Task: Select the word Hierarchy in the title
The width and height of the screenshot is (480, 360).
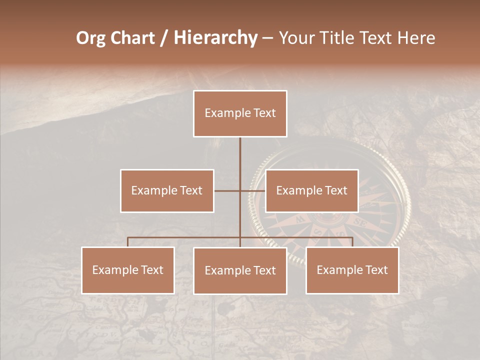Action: pyautogui.click(x=215, y=38)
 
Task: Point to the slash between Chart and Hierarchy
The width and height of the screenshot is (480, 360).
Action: pyautogui.click(x=163, y=38)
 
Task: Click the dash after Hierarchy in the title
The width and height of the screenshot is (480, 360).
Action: pyautogui.click(x=267, y=38)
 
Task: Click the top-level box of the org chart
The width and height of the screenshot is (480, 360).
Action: pyautogui.click(x=240, y=113)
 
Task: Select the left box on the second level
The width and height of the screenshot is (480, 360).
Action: pyautogui.click(x=167, y=190)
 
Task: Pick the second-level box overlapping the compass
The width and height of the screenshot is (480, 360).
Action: pyautogui.click(x=311, y=190)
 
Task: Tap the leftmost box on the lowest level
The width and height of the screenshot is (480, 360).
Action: pyautogui.click(x=128, y=270)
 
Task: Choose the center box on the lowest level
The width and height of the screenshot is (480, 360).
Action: pyautogui.click(x=240, y=270)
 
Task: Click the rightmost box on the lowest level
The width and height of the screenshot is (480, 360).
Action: pyautogui.click(x=352, y=270)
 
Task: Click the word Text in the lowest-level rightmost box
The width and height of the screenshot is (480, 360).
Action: pyautogui.click(x=376, y=270)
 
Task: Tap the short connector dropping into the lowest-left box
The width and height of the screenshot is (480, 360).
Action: pyautogui.click(x=128, y=242)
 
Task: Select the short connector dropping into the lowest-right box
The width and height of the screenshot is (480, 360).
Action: pyautogui.click(x=352, y=242)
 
